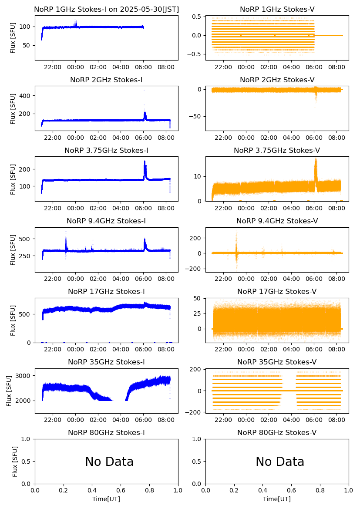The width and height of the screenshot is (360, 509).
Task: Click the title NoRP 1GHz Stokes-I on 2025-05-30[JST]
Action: (106, 9)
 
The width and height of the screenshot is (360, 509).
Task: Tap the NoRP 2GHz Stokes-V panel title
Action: (277, 80)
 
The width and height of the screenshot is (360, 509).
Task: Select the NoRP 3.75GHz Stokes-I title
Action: (106, 150)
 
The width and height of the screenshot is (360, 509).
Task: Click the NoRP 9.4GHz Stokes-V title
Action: (277, 221)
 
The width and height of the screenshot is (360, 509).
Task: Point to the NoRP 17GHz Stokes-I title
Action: (106, 291)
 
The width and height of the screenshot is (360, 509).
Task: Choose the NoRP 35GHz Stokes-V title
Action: (277, 362)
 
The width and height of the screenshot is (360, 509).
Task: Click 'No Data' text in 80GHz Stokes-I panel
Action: (109, 462)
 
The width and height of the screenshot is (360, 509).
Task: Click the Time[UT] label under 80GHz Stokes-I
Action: (106, 499)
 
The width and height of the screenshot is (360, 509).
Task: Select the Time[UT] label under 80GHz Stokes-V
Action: (277, 499)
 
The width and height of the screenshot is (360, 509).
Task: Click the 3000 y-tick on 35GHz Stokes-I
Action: (24, 376)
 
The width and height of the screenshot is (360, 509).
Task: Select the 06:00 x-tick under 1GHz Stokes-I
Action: (144, 67)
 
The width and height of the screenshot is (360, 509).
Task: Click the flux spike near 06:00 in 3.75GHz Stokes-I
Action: (145, 168)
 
